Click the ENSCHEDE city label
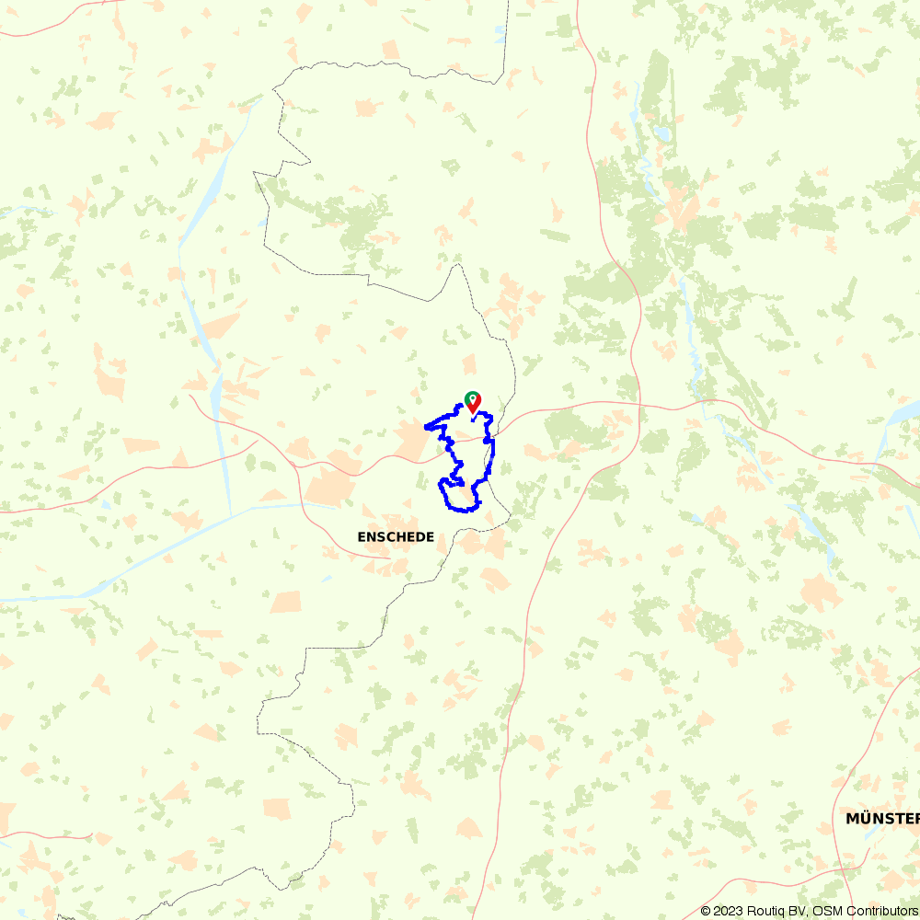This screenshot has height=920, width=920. pos(396,536)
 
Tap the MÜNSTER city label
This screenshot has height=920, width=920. pos(881,818)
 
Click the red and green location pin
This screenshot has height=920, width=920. pos(472,402)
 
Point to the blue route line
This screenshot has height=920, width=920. pos(492,451)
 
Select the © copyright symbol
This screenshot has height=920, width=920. pos(706,911)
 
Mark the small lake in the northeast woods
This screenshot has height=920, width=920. pos(661,133)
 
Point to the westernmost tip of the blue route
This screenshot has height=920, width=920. pos(425,427)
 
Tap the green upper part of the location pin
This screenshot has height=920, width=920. pos(472,397)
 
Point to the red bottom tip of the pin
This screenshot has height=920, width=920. pos(472,412)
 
